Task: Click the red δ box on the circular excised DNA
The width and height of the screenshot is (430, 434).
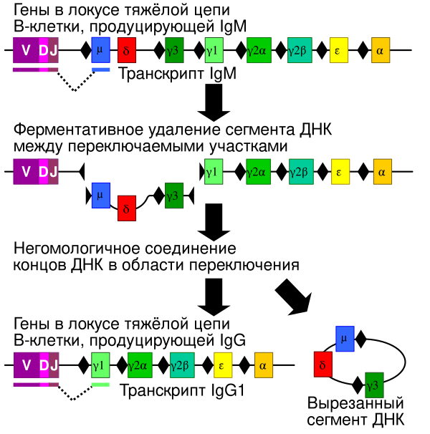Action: (323, 364)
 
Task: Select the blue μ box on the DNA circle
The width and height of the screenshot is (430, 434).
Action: (345, 337)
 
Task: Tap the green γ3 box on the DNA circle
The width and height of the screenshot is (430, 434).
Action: (374, 385)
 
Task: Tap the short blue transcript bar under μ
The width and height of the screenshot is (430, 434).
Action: (100, 69)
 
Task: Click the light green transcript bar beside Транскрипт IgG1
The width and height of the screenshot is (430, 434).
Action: (100, 385)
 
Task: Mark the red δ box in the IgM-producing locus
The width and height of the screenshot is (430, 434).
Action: (126, 52)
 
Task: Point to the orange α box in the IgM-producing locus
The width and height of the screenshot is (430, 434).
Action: (381, 52)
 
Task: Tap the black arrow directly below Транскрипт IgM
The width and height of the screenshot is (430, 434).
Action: (213, 102)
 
